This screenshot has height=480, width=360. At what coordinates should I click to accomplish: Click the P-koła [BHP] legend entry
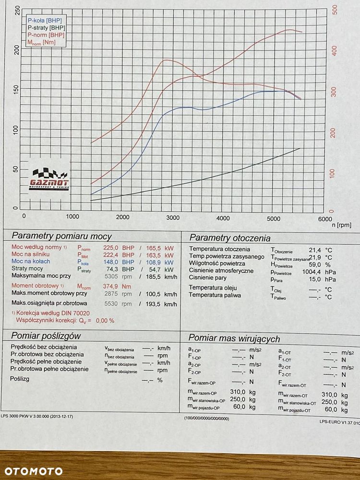pyautogui.click(x=45, y=21)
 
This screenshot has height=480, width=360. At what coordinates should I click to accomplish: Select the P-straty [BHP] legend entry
pyautogui.click(x=46, y=28)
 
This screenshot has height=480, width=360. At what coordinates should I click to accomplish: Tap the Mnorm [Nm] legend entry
pyautogui.click(x=41, y=43)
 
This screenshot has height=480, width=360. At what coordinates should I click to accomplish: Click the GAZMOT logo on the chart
pyautogui.click(x=49, y=180)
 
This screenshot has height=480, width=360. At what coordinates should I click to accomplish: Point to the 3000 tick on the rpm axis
pyautogui.click(x=173, y=217)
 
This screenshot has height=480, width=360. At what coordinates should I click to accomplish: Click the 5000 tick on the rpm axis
pyautogui.click(x=274, y=218)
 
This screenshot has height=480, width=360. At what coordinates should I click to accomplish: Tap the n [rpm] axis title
pyautogui.click(x=342, y=225)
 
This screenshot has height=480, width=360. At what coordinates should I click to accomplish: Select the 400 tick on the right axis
pyautogui.click(x=334, y=50)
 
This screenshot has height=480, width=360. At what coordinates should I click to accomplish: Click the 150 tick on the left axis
pyautogui.click(x=16, y=90)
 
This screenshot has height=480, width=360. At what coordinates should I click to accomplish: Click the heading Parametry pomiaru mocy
pyautogui.click(x=61, y=236)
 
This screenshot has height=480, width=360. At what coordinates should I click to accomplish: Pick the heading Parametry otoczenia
pyautogui.click(x=230, y=238)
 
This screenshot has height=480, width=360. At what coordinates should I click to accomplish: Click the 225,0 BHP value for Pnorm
pyautogui.click(x=119, y=248)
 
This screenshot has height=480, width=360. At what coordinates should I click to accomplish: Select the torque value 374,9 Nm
pyautogui.click(x=117, y=287)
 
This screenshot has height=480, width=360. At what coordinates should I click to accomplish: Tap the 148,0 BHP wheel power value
pyautogui.click(x=119, y=262)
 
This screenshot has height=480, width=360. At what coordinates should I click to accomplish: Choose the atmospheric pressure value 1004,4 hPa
pyautogui.click(x=319, y=272)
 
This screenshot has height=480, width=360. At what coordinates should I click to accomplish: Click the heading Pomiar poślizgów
pyautogui.click(x=46, y=336)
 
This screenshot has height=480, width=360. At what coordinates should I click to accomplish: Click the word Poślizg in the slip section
pyautogui.click(x=20, y=379)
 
